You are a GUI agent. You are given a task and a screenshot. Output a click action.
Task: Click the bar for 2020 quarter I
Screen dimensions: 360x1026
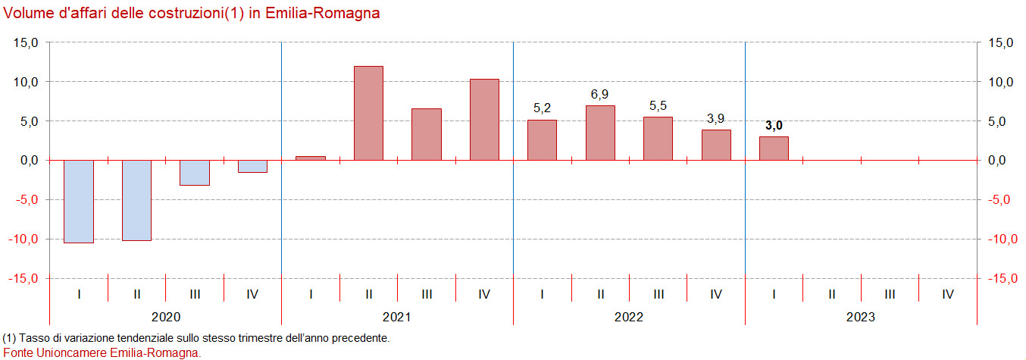click(79, 201)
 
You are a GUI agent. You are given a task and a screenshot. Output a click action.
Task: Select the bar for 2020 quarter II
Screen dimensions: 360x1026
click(136, 200)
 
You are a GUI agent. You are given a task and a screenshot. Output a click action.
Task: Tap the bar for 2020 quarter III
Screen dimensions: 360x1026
click(195, 172)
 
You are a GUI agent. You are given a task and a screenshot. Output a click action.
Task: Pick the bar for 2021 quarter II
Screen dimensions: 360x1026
click(368, 113)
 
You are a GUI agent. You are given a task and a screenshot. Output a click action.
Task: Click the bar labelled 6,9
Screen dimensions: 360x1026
click(600, 133)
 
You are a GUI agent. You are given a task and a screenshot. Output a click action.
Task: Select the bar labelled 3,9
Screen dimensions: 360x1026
click(716, 145)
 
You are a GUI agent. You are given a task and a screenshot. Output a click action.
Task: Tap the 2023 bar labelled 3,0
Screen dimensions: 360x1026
click(774, 148)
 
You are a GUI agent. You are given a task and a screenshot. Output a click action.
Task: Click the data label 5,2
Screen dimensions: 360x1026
click(542, 108)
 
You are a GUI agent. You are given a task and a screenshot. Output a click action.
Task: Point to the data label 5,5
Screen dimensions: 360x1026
click(658, 105)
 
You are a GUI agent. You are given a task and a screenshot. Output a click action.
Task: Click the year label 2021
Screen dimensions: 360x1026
click(397, 317)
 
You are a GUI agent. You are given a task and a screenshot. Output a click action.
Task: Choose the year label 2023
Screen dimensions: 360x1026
click(861, 317)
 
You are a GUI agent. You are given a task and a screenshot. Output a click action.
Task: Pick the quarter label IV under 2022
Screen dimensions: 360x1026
click(716, 294)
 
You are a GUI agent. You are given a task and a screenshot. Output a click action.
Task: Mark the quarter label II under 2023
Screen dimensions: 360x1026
click(832, 294)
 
